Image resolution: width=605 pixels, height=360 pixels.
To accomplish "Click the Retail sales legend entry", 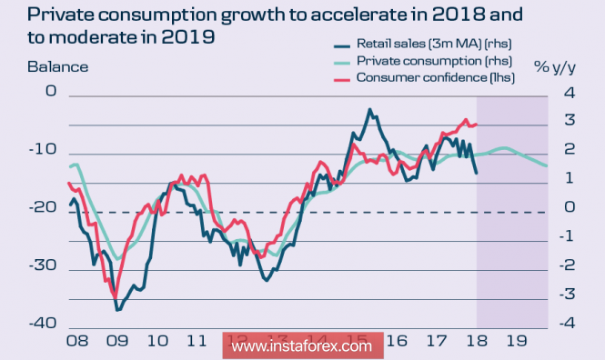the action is click(x=423, y=44).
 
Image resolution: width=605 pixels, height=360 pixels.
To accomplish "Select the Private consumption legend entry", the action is click(x=423, y=61).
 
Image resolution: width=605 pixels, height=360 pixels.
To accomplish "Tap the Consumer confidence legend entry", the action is click(x=424, y=77).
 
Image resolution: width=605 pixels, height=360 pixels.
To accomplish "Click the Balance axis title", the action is click(x=58, y=67).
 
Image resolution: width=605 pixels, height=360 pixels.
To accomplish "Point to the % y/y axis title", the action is click(x=555, y=67).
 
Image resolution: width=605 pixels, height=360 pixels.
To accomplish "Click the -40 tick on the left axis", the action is click(x=43, y=324).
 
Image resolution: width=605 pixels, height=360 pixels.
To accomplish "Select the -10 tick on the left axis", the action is click(x=43, y=149).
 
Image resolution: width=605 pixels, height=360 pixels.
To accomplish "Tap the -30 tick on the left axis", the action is click(x=43, y=265).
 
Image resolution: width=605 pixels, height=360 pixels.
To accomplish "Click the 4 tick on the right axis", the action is click(x=570, y=93).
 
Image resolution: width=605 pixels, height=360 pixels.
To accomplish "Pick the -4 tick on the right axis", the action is click(x=567, y=323).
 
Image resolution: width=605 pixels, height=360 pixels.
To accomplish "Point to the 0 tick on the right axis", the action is click(x=570, y=207).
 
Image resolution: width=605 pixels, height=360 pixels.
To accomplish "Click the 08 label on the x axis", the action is click(x=77, y=341).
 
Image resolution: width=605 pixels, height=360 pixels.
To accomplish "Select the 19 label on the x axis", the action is click(x=516, y=341).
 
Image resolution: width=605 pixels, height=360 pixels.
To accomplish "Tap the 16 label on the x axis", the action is click(x=397, y=341).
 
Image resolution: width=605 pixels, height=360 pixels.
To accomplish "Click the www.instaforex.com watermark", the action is click(x=303, y=345).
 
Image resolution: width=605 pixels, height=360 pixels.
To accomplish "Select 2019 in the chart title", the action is click(x=188, y=37).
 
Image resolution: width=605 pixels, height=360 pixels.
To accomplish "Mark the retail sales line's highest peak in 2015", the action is click(x=370, y=109).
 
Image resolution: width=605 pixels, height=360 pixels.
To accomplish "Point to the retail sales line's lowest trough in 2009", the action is click(x=117, y=310).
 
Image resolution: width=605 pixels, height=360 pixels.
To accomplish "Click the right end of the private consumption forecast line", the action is click(x=547, y=166).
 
